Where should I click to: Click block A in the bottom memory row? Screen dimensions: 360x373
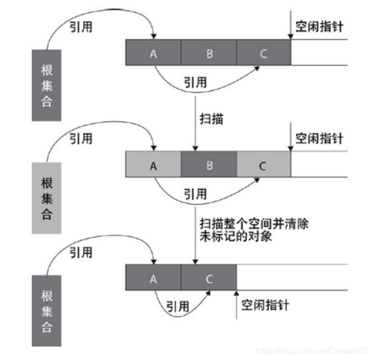pyautogui.click(x=153, y=278)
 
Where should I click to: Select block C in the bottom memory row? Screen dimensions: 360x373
pyautogui.click(x=209, y=278)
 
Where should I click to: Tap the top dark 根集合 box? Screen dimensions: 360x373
pyautogui.click(x=46, y=85)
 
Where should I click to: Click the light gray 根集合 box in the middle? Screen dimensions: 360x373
pyautogui.click(x=46, y=198)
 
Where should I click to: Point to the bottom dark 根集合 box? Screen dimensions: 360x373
pyautogui.click(x=46, y=310)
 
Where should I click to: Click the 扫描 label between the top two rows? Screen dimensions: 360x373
pyautogui.click(x=211, y=119)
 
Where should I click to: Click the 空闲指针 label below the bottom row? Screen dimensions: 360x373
pyautogui.click(x=265, y=304)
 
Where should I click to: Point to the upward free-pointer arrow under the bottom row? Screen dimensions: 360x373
pyautogui.click(x=235, y=303)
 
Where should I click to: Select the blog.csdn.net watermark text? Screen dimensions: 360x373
pyautogui.click(x=312, y=349)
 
